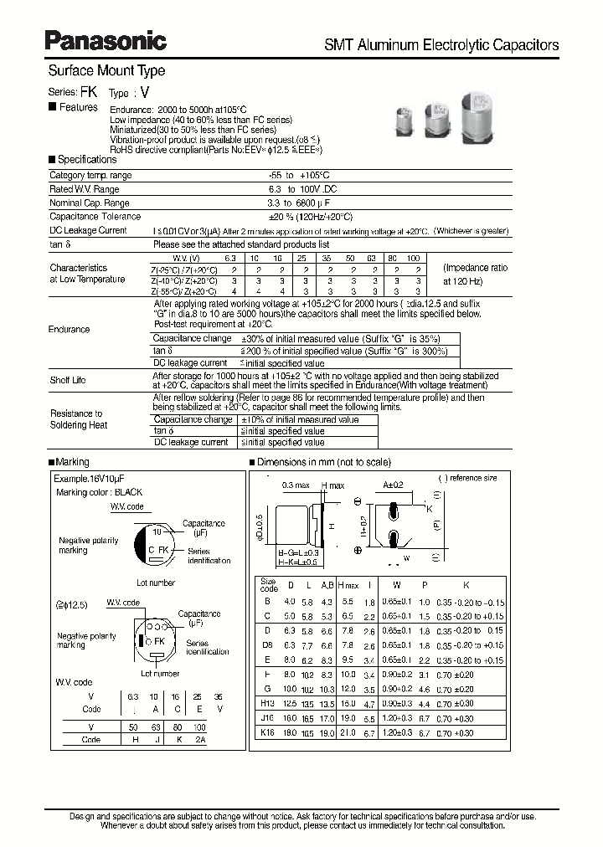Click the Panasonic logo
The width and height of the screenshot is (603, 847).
(x=106, y=39)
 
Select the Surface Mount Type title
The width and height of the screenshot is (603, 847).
(x=106, y=71)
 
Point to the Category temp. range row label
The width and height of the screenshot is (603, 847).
(x=90, y=176)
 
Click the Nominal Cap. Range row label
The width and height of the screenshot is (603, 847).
(x=90, y=203)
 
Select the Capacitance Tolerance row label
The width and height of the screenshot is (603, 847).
(x=95, y=216)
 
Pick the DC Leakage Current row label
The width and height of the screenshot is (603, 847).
(x=89, y=230)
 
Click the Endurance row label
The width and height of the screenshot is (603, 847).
(x=70, y=329)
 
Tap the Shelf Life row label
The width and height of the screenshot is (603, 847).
(x=68, y=380)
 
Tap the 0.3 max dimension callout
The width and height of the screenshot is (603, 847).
(x=296, y=485)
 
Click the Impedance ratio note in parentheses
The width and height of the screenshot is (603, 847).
(x=475, y=275)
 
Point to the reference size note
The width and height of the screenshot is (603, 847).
(x=467, y=478)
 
